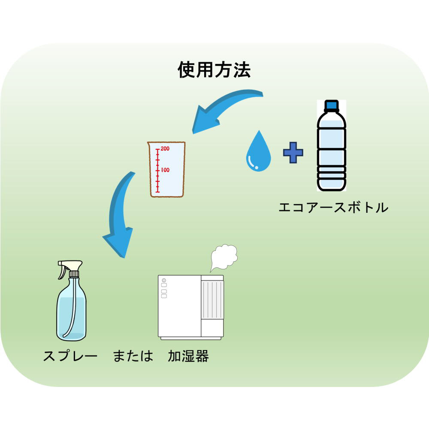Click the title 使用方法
(214, 70)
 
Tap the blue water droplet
(258, 152)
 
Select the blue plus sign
(293, 153)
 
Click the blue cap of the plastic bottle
(331, 106)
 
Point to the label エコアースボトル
(333, 208)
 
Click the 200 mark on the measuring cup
(165, 149)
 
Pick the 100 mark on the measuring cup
(165, 170)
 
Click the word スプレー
(70, 356)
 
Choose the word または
(133, 356)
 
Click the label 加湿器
(188, 356)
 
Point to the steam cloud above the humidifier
(224, 256)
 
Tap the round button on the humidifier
(164, 281)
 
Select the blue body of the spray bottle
(71, 313)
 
